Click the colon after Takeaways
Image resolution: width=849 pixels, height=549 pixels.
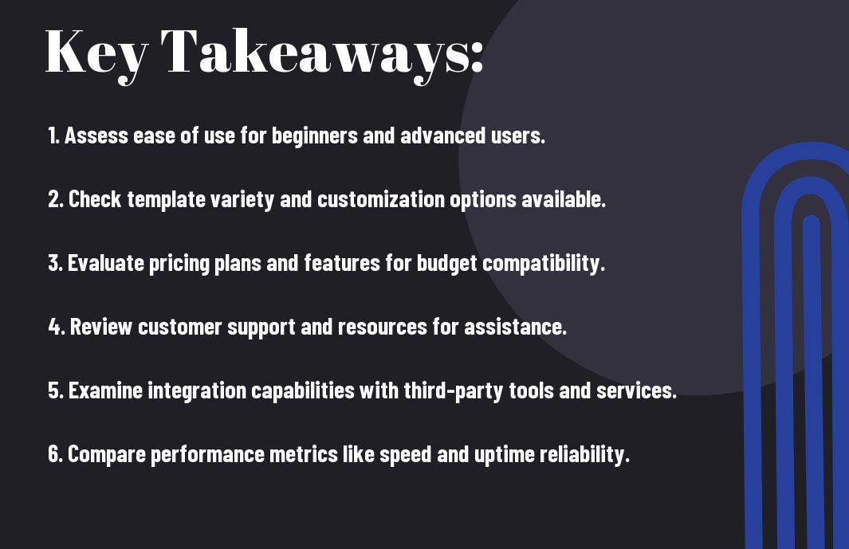pos(477,58)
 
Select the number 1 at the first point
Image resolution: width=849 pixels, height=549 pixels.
pos(53,135)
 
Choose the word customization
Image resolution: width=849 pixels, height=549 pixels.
pos(381,199)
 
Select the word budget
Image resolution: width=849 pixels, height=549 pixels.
pos(446,264)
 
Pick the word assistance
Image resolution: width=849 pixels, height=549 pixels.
pos(516,327)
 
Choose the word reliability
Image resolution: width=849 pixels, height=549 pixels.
pos(584,454)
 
